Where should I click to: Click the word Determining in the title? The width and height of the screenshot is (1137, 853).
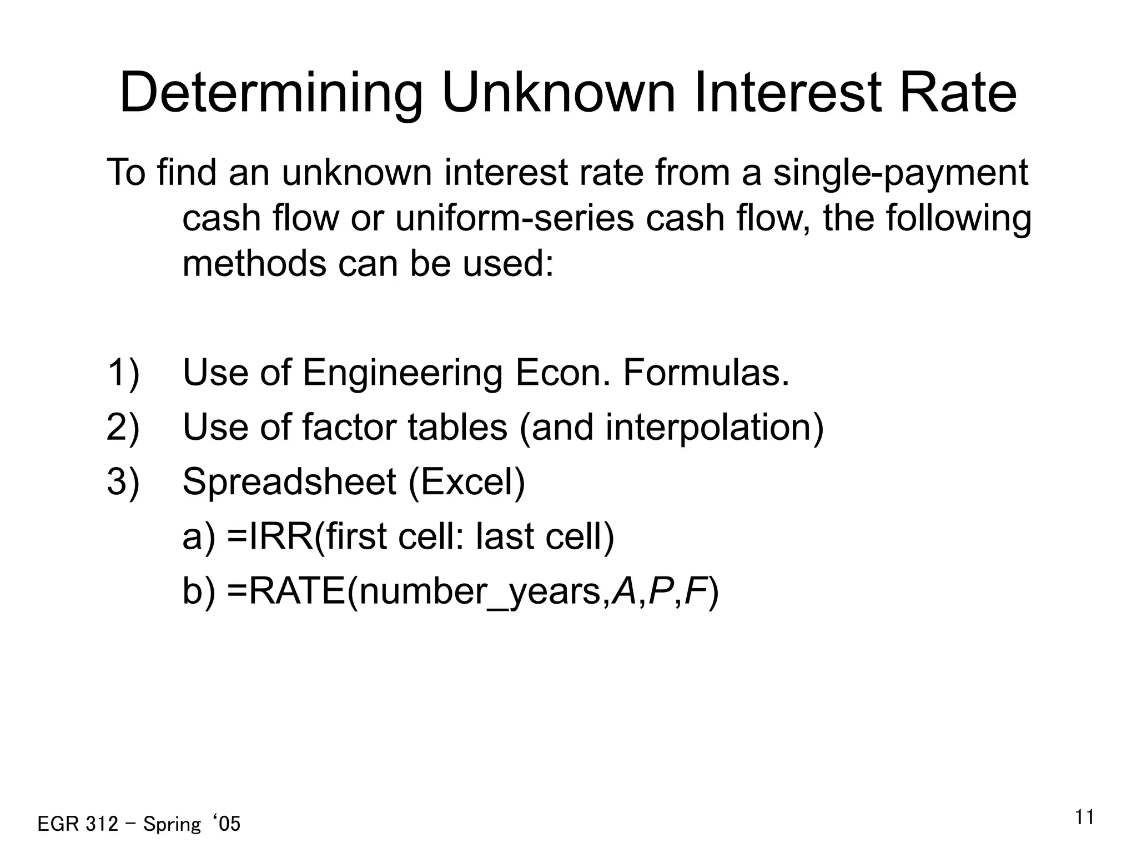click(x=271, y=93)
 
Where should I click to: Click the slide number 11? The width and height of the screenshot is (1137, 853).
click(x=1084, y=818)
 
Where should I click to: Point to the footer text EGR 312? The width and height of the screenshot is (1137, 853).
click(x=77, y=824)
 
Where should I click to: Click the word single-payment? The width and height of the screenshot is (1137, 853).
click(x=900, y=173)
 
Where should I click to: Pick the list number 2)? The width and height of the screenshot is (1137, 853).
click(x=123, y=428)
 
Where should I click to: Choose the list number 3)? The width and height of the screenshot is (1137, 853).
click(x=123, y=482)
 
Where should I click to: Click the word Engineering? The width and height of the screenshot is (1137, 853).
click(x=403, y=374)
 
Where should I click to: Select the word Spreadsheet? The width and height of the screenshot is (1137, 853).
click(x=289, y=482)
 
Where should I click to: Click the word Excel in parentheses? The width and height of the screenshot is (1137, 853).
click(x=466, y=482)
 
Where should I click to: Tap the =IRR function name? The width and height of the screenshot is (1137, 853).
click(x=270, y=536)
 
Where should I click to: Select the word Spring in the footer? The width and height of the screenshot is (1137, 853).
click(x=172, y=824)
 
